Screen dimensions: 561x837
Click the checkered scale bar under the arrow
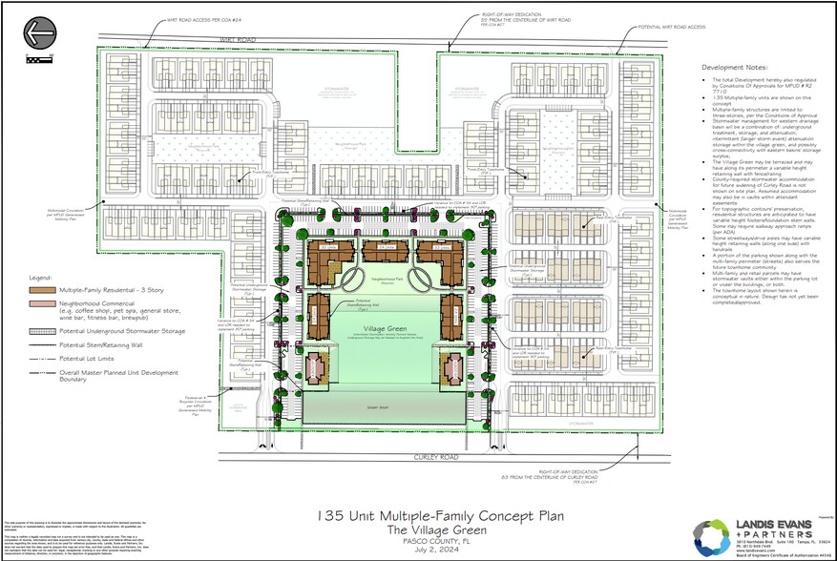[x=39, y=58]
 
